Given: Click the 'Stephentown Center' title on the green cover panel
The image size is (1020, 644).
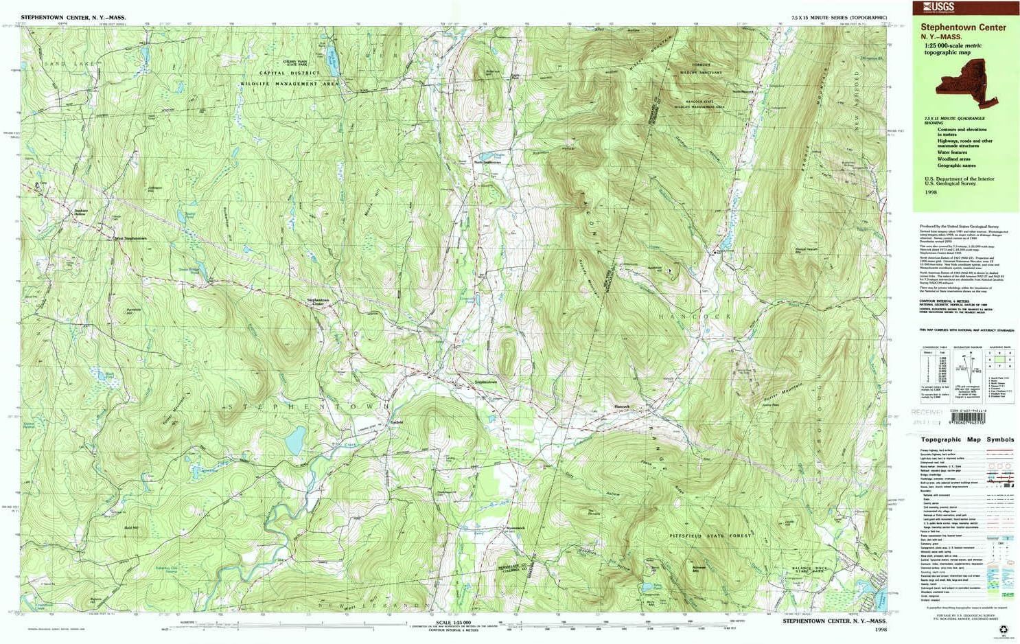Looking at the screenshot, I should pos(963,28).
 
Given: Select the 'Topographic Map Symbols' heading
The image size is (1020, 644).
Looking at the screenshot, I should pos(967,439).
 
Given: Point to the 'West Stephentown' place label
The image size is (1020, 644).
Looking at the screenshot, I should pos(130,238).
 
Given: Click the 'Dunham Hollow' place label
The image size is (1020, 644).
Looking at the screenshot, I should pos(80,213).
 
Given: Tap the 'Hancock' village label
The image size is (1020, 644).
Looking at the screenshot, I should pos(621,407).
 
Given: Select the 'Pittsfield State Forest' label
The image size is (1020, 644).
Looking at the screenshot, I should pos(710,536).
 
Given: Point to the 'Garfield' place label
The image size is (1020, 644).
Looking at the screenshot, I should pos(396,422).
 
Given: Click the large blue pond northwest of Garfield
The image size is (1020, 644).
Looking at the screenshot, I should pos(295,440).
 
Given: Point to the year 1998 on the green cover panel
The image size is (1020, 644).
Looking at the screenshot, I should pos(930,192).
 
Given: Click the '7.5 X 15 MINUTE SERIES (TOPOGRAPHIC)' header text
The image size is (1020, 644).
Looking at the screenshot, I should pos(839,17).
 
